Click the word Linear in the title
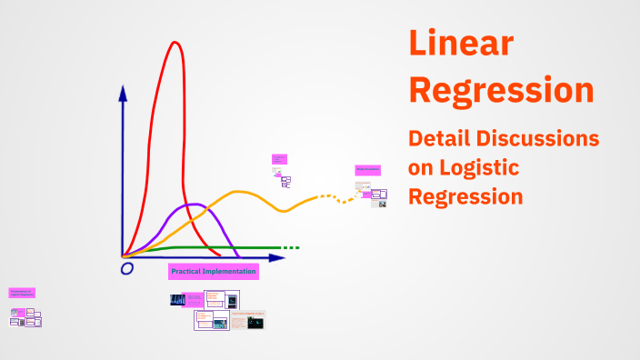click(460, 45)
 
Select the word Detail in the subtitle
click(440, 138)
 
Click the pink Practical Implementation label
click(214, 271)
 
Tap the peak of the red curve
click(174, 43)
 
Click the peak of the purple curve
click(193, 205)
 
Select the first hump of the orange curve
click(240, 192)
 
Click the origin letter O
click(126, 268)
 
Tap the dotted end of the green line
click(291, 247)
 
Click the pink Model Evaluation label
click(367, 170)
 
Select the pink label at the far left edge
click(22, 293)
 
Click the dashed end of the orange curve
click(346, 198)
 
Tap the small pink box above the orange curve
click(278, 160)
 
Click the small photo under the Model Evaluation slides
click(383, 204)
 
